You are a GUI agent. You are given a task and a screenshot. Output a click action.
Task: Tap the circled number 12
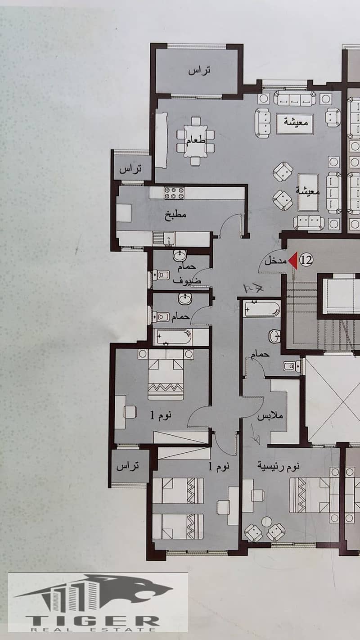(306, 260)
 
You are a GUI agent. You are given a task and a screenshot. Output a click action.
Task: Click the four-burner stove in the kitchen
(174, 193)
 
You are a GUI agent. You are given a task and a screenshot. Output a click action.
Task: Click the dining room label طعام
(196, 140)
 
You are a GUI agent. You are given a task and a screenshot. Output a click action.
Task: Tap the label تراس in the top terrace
(199, 70)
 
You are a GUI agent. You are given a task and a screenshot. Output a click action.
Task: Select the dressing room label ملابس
(270, 416)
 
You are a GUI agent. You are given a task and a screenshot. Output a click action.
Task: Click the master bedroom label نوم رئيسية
(278, 466)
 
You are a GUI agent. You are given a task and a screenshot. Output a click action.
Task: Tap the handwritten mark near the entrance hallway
(253, 288)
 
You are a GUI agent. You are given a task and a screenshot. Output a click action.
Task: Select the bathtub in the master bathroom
(262, 309)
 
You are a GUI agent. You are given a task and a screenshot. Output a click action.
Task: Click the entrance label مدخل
(276, 261)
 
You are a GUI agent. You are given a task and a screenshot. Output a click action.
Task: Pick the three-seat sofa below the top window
(295, 98)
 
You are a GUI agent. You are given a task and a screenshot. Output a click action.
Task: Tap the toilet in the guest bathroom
(161, 275)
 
